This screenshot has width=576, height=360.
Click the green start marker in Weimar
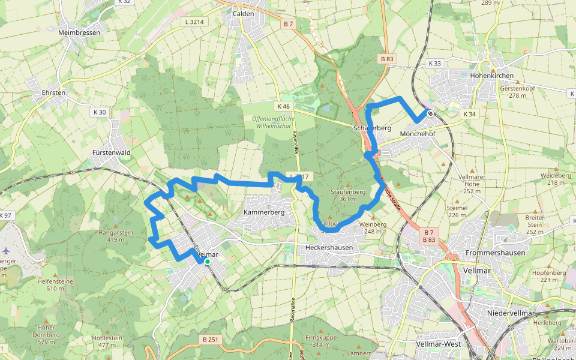point(207,262)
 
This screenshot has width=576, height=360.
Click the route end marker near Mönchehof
point(430,113)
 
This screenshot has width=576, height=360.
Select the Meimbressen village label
point(79,32)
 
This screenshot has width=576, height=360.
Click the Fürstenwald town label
point(112,153)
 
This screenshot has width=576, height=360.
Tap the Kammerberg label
point(263,213)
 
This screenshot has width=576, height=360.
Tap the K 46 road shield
point(283,106)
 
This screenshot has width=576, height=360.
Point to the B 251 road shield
point(211,340)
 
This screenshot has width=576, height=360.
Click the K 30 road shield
point(100,112)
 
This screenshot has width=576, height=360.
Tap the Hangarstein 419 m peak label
point(116,235)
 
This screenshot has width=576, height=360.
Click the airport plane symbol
point(6,250)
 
